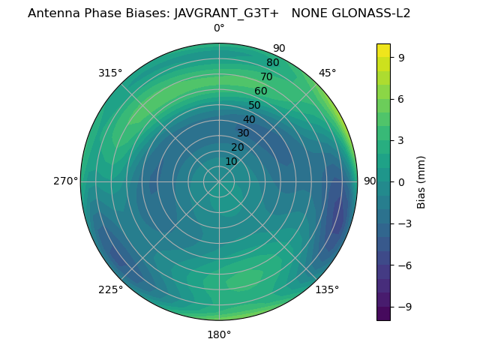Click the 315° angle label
110,73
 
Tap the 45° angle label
327,73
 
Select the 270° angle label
65,181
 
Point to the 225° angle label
110,290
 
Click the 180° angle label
219,334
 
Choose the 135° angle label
327,290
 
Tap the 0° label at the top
219,28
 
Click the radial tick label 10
231,161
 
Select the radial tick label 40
249,120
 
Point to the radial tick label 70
266,76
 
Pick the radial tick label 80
272,63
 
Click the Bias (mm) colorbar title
421,181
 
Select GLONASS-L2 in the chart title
367,13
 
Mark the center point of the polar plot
219,181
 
